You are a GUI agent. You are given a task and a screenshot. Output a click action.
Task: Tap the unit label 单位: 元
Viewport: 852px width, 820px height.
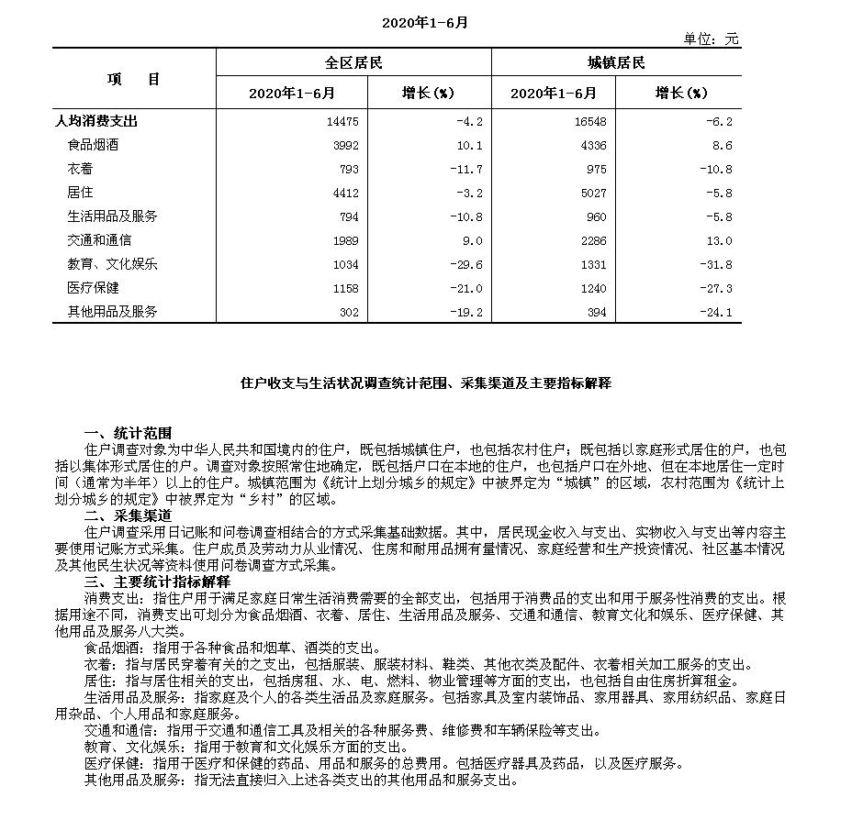[711, 39]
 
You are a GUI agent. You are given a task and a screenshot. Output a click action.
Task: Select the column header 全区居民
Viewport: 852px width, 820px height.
[353, 63]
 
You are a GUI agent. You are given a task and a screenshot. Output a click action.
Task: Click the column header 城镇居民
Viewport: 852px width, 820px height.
[616, 63]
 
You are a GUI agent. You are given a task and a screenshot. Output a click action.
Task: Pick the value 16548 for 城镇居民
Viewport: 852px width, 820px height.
[588, 121]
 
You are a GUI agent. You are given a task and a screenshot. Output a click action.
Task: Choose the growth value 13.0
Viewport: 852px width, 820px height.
[721, 240]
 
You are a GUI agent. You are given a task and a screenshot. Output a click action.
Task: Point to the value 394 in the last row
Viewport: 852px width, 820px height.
[594, 312]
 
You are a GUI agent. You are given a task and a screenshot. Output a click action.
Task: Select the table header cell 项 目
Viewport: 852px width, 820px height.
[133, 79]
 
